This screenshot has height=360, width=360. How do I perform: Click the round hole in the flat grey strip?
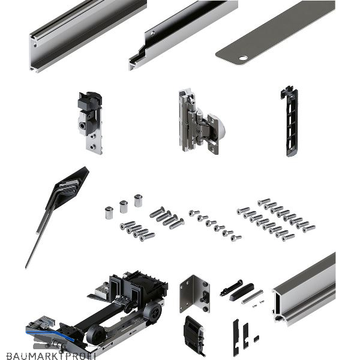pyautogui.click(x=244, y=58)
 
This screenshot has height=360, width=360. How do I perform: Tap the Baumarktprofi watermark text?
pyautogui.click(x=51, y=356)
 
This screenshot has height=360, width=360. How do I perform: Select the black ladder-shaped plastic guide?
pyautogui.click(x=290, y=121)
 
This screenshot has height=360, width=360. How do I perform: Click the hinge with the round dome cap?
pyautogui.click(x=201, y=122)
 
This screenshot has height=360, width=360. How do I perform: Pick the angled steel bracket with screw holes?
pyautogui.click(x=194, y=293)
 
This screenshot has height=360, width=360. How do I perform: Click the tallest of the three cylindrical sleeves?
pyautogui.click(x=138, y=201)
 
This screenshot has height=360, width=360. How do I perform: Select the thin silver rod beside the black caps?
pyautogui.click(x=252, y=297)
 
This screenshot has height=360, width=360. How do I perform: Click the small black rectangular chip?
pyautogui.click(x=256, y=338)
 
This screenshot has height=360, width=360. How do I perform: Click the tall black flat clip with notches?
pyautogui.click(x=236, y=337)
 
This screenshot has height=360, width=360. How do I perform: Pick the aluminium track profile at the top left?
pyautogui.click(x=87, y=35)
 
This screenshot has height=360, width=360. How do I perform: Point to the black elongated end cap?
pyautogui.click(x=242, y=292)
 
